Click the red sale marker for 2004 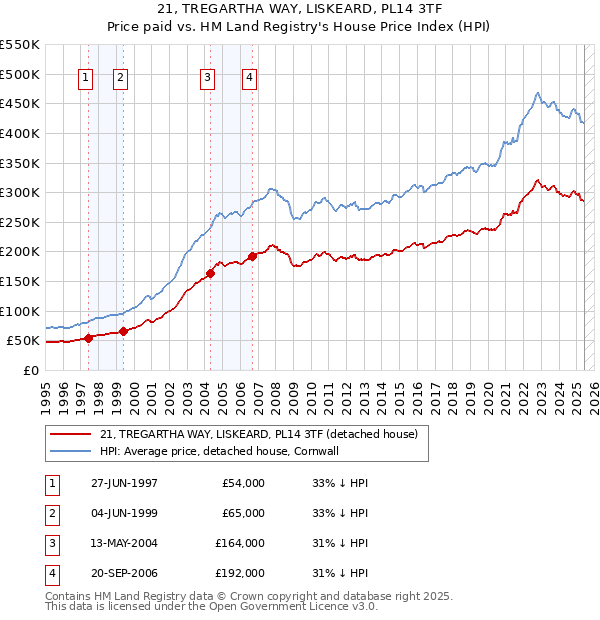tap(211, 273)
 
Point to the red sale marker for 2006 tap(253, 256)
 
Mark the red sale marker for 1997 tap(89, 338)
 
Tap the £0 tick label tap(30, 370)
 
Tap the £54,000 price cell tap(243, 483)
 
